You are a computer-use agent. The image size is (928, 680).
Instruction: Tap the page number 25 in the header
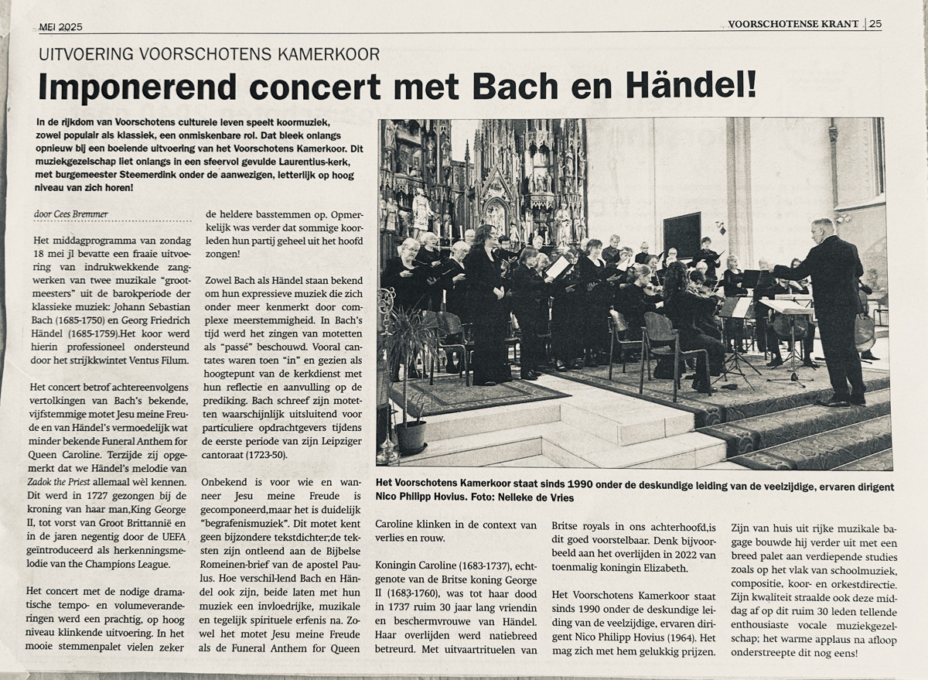click(875, 24)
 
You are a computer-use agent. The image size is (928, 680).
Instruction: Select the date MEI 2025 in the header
click(60, 27)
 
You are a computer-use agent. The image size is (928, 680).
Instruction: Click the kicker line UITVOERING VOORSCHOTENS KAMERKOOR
click(209, 54)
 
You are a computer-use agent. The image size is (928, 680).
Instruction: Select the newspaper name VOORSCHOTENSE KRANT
click(793, 24)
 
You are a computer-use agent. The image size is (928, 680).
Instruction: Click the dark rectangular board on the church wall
click(681, 235)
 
